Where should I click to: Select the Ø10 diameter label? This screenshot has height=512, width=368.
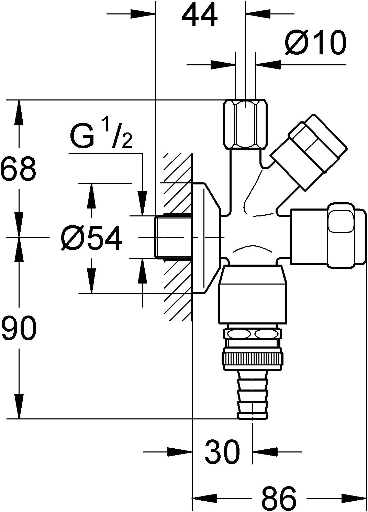click(x=315, y=43)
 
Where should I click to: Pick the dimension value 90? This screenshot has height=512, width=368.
click(x=18, y=328)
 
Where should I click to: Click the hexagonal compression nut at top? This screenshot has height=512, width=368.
click(x=245, y=124)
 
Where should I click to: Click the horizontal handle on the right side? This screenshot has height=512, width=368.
click(x=328, y=235)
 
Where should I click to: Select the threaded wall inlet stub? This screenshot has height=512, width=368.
click(x=173, y=236)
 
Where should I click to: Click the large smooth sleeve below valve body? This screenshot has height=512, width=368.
click(x=252, y=295)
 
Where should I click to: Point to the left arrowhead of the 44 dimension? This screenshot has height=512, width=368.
click(x=143, y=14)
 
